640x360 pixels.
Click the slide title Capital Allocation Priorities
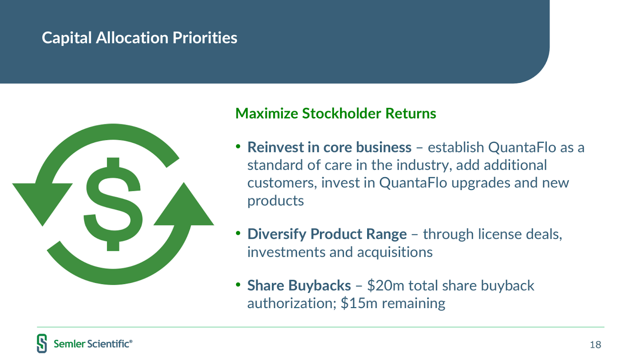(140, 38)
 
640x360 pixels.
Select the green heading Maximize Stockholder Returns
(336, 113)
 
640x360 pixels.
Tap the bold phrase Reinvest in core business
(329, 148)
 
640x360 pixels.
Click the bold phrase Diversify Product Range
(327, 234)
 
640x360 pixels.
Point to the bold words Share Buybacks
(299, 286)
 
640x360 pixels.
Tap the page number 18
(596, 344)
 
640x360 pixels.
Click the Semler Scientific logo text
(93, 344)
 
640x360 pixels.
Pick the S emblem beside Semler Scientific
(42, 344)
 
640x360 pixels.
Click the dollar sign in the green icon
(113, 204)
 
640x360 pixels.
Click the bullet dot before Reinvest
(238, 146)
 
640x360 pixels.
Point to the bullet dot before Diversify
(238, 233)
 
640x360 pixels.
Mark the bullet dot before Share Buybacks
(238, 284)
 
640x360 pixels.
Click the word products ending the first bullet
(276, 200)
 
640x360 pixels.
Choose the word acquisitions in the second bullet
(395, 252)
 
